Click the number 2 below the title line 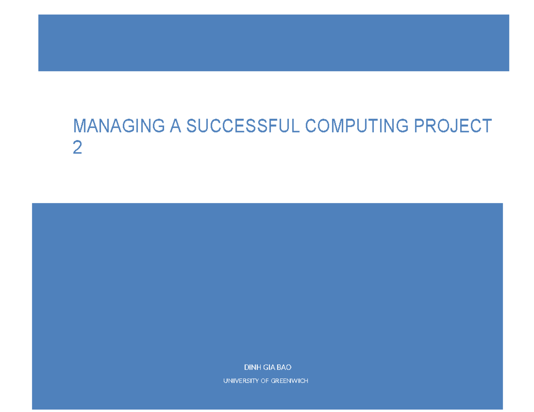[77, 148]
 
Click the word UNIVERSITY [241, 381]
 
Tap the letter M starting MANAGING [80, 127]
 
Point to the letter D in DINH [246, 367]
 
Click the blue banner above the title [273, 43]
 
